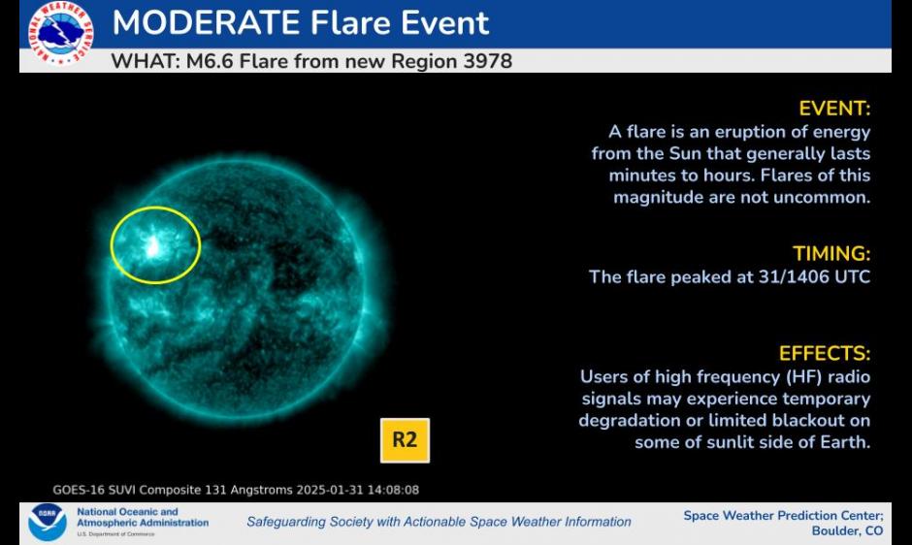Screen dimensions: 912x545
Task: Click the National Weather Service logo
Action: coord(60,33)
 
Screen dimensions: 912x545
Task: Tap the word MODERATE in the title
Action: coord(206,22)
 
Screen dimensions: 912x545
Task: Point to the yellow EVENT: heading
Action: coord(834,109)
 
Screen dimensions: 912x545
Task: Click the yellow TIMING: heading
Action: coord(831,254)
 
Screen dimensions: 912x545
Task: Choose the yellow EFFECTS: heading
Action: coord(825,354)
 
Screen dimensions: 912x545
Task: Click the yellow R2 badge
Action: coord(405,440)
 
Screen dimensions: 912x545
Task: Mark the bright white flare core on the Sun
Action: coord(153,246)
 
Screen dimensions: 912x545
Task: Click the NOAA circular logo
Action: coord(48,523)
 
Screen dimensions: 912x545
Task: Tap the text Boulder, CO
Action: coord(847,531)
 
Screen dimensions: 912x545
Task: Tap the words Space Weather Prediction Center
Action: coord(784,516)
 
